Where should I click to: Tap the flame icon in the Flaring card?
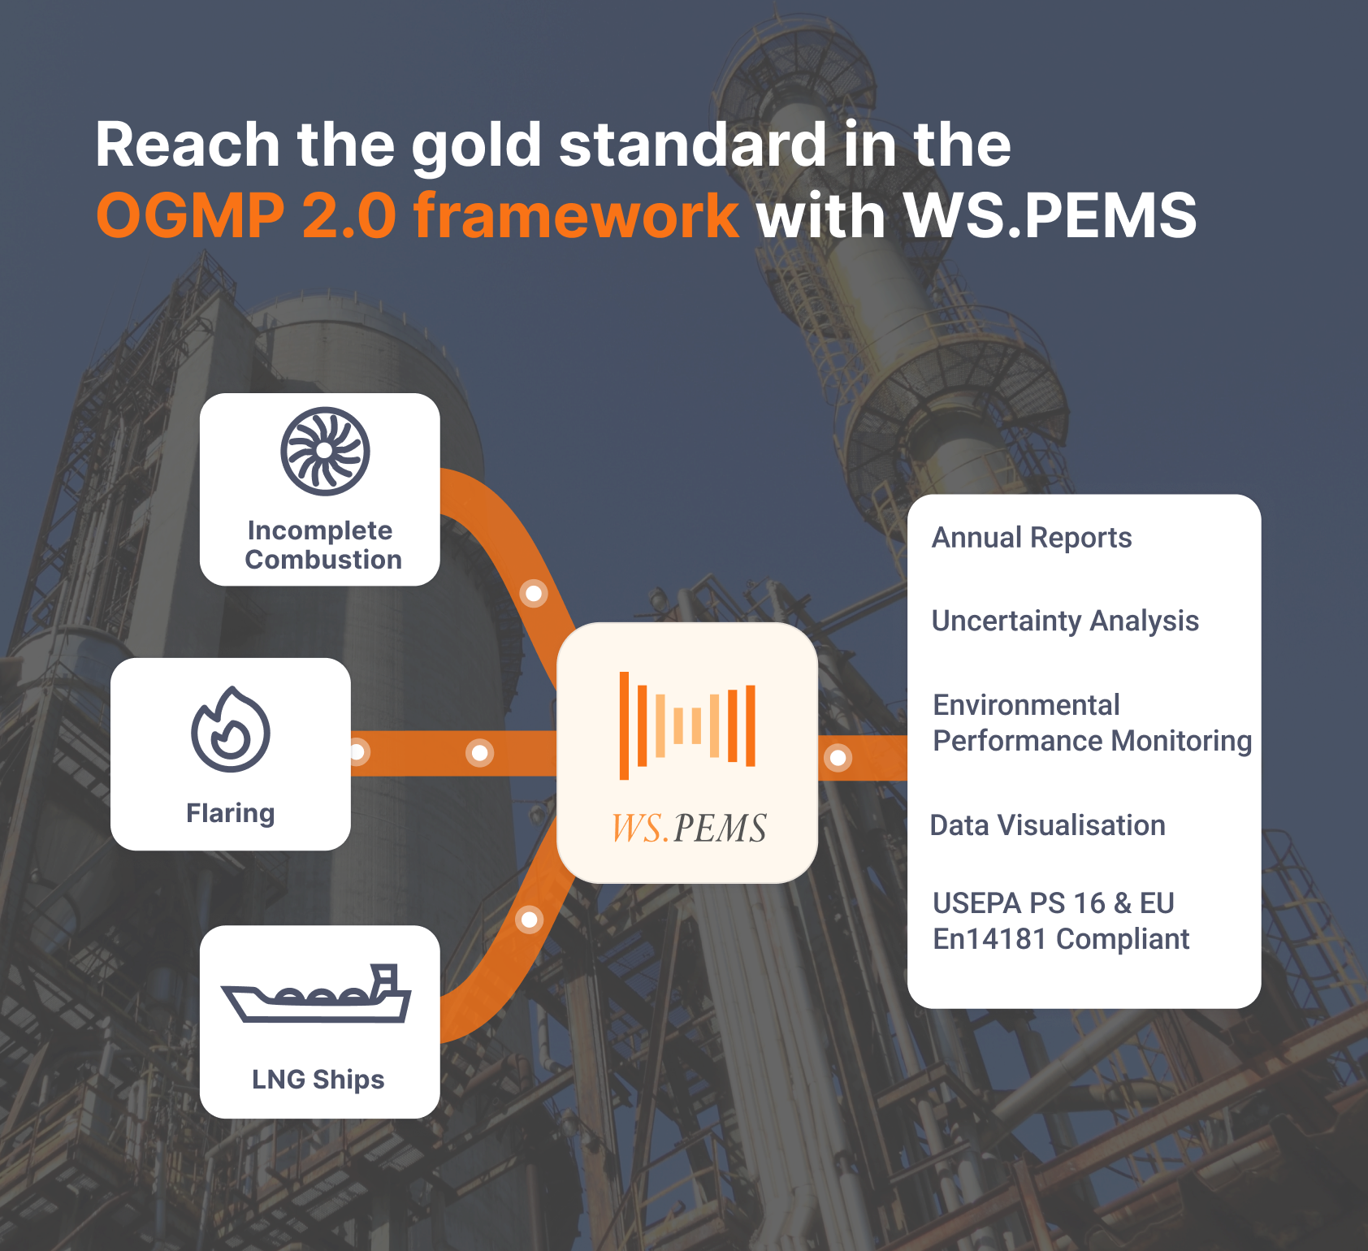coord(231,729)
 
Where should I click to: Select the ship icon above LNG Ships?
coord(317,993)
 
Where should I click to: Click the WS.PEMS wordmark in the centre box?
coord(689,828)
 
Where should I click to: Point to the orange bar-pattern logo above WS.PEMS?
coord(687,725)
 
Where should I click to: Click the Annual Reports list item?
coord(1032,538)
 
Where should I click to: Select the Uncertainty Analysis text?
coord(1065,621)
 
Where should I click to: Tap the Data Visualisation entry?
coord(1048,825)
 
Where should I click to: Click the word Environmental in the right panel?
coord(1027,705)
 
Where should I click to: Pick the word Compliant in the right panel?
coord(1123,939)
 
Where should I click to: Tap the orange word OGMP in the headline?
coord(191,215)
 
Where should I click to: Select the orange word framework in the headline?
coord(576,215)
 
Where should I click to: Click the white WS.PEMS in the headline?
coord(1050,215)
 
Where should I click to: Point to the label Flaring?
coord(231,813)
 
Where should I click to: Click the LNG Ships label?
coord(318,1080)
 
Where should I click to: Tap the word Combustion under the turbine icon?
coord(323,560)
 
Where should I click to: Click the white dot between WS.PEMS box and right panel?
coord(838,758)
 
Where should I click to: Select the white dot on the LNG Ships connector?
coord(530,920)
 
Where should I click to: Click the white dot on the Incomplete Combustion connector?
coord(534,594)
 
